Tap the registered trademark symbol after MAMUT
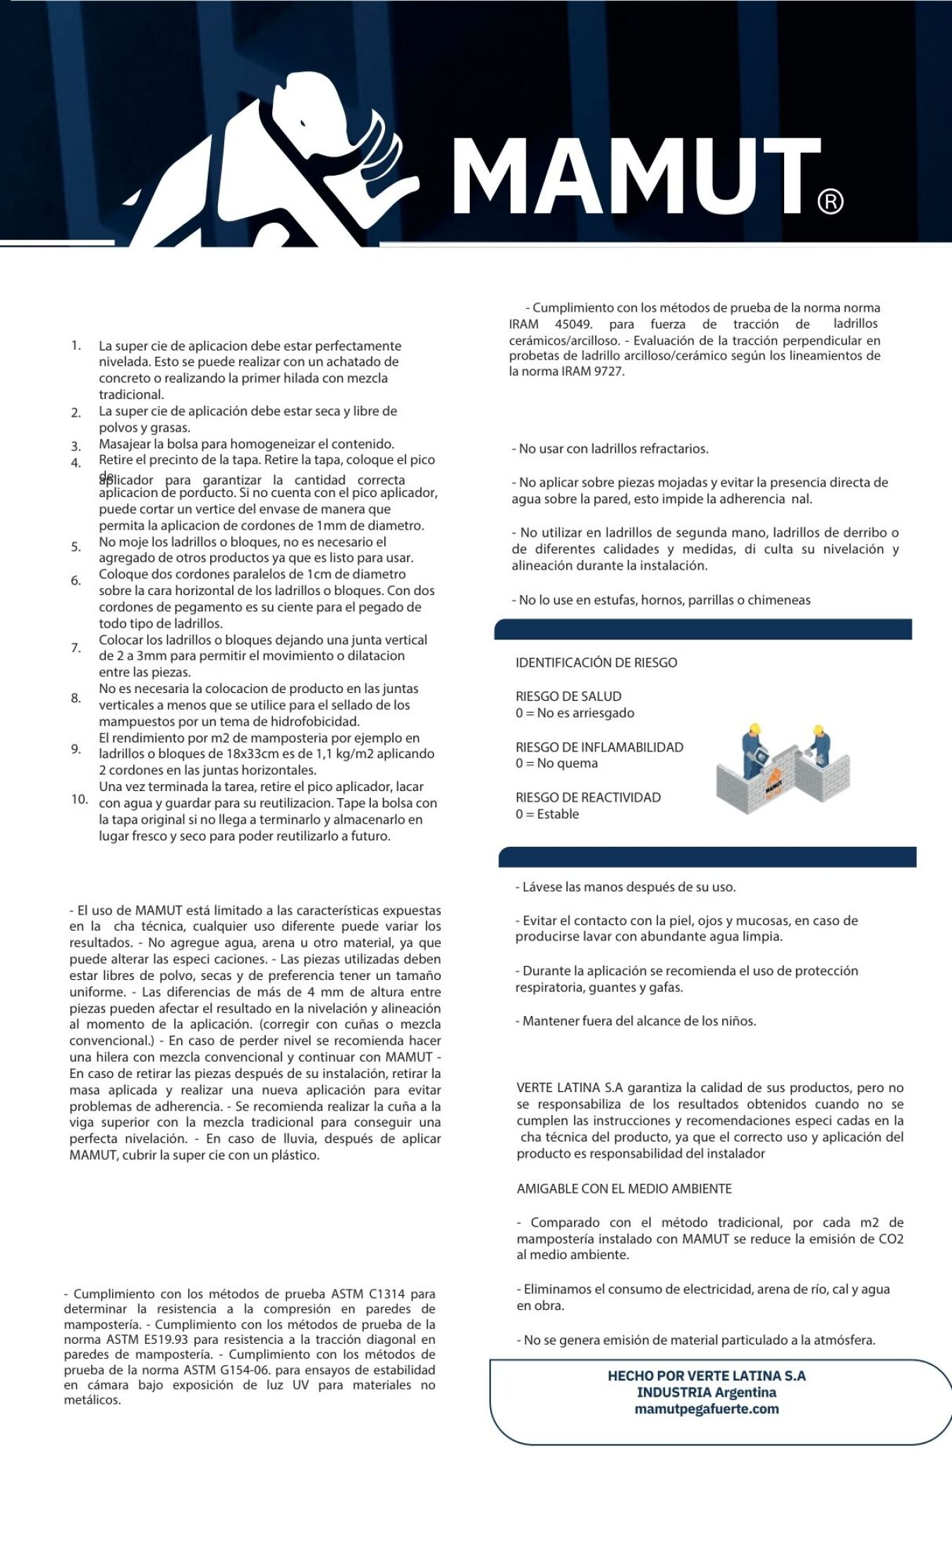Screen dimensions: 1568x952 point(830,202)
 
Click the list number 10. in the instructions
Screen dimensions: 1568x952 point(79,800)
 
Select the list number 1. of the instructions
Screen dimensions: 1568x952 point(76,345)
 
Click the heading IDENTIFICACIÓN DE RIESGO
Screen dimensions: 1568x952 point(596,663)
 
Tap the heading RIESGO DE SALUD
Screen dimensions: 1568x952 point(568,697)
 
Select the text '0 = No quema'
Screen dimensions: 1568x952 point(556,764)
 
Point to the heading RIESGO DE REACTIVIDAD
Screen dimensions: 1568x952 point(588,797)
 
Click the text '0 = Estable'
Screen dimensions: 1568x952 point(547,814)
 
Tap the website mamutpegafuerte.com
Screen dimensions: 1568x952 point(707,1409)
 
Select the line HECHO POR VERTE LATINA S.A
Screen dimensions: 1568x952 point(707,1376)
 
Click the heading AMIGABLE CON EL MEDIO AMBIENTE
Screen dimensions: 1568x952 point(624,1189)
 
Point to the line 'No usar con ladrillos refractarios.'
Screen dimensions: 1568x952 point(610,449)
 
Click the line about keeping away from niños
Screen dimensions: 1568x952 point(635,1021)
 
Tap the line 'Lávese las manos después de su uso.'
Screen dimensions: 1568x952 point(625,887)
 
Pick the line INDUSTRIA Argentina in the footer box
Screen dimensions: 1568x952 point(707,1392)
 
